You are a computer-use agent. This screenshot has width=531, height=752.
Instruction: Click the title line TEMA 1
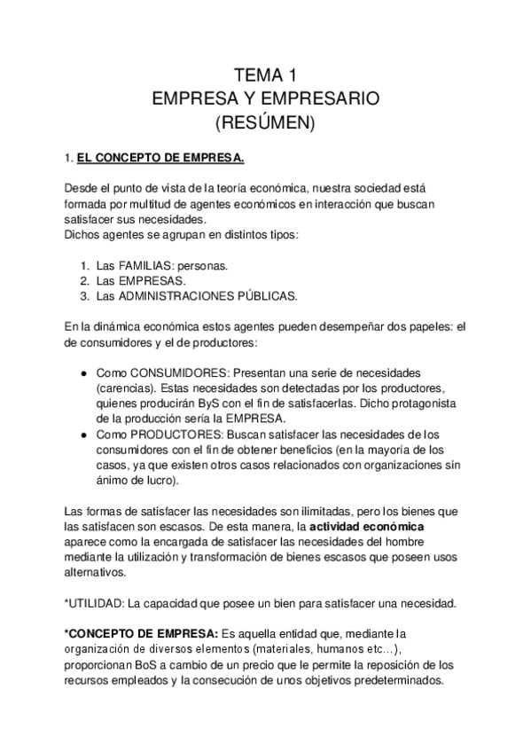[265, 74]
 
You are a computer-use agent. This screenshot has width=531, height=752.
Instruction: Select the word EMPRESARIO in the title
[328, 98]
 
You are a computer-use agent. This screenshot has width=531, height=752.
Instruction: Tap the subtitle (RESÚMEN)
[265, 121]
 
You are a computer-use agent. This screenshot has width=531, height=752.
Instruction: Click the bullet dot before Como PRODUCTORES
[83, 435]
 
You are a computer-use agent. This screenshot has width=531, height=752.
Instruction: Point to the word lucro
[158, 481]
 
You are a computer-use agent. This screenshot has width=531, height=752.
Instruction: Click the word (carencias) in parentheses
[126, 388]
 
